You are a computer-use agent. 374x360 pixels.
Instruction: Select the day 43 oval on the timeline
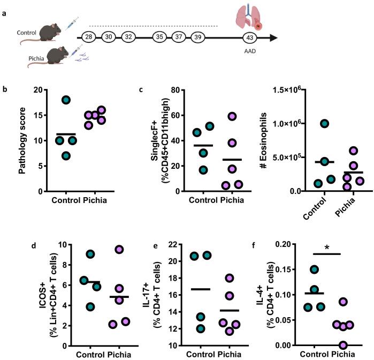[248, 37]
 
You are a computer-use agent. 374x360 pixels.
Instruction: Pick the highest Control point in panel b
[66, 100]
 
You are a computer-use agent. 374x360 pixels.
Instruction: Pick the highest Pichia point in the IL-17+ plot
[230, 278]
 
